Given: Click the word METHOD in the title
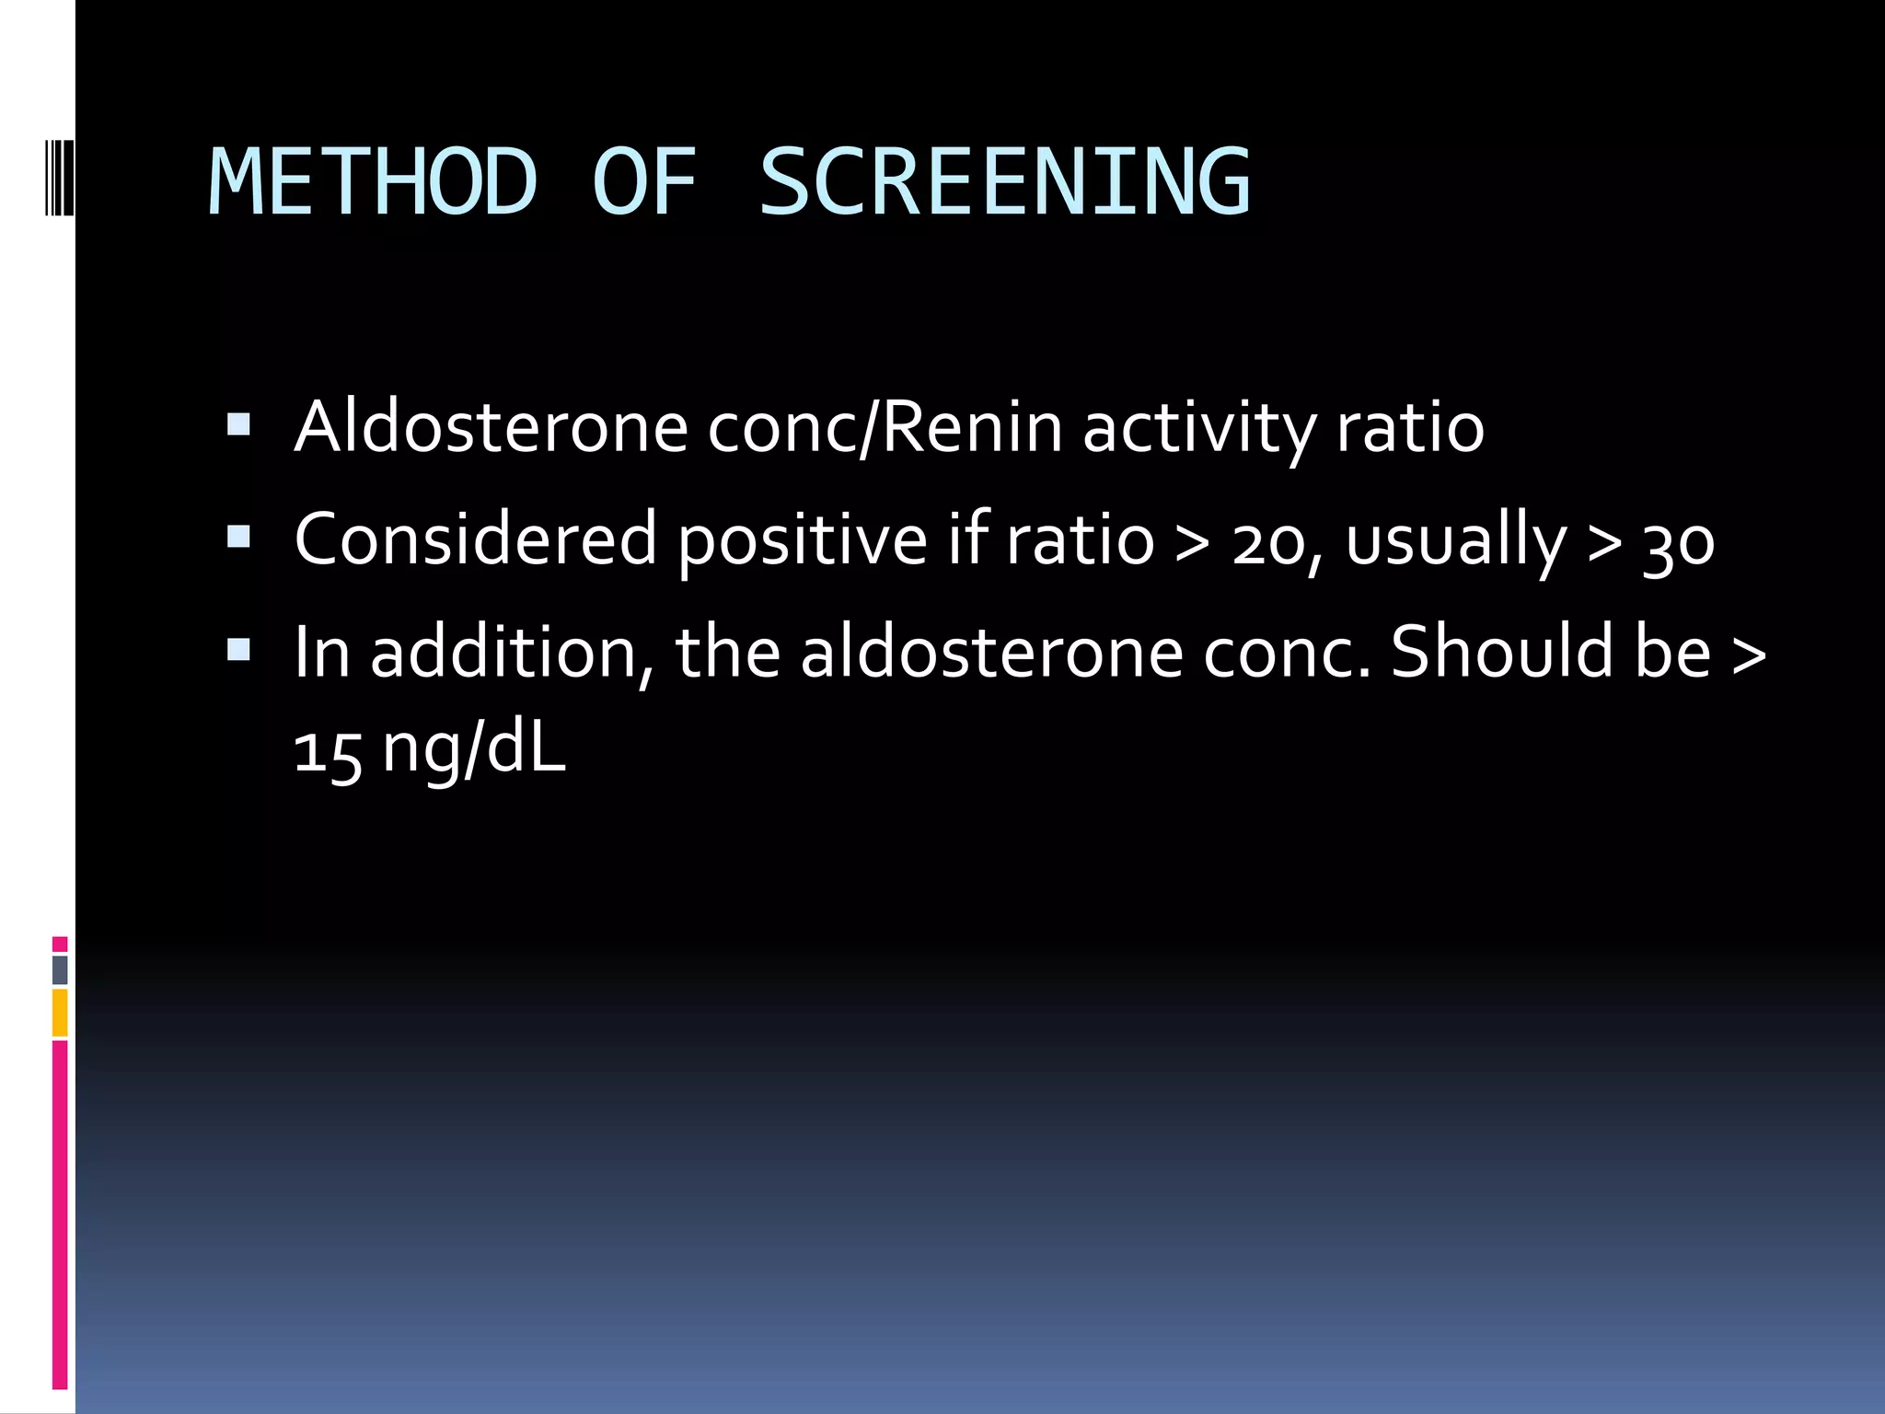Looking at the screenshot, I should tap(373, 182).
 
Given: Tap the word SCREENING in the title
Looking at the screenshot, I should tap(1004, 182).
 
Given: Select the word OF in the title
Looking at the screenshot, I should tap(644, 182).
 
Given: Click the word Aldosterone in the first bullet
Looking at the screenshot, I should tap(491, 427).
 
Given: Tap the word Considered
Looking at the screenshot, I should tap(475, 539).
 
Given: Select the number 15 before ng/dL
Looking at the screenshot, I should tap(328, 750).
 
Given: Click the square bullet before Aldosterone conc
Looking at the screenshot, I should tap(238, 424).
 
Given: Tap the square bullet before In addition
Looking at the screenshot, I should tap(238, 650).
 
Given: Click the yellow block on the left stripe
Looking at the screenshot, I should tap(60, 1013).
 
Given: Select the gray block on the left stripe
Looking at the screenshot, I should tap(60, 969).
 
